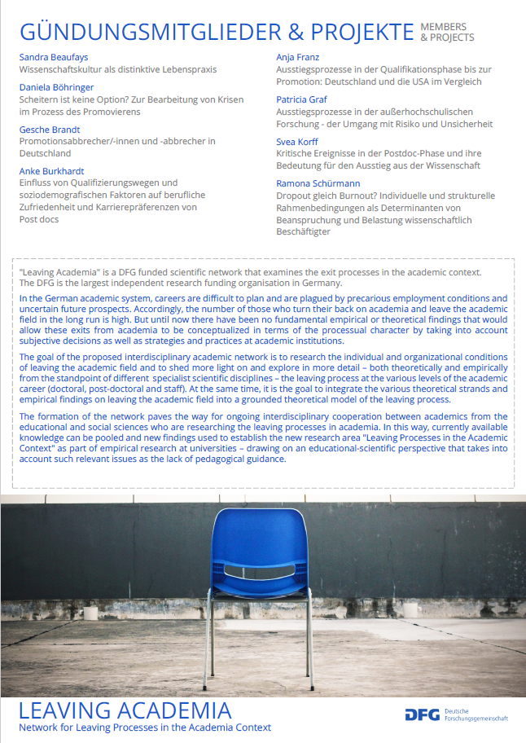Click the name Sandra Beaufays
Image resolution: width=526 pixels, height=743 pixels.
54,57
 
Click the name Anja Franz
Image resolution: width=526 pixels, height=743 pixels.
298,57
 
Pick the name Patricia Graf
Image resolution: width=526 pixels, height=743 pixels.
302,99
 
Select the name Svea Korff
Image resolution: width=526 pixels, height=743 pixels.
297,142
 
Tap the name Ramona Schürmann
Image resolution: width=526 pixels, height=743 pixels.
318,184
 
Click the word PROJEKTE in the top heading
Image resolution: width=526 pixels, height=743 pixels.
353,33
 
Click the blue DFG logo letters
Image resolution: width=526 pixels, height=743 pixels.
423,714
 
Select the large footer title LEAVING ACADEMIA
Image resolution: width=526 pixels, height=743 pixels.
125,708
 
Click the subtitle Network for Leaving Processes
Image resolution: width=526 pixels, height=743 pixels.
145,727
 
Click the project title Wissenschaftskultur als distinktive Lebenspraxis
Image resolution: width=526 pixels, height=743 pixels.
117,69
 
